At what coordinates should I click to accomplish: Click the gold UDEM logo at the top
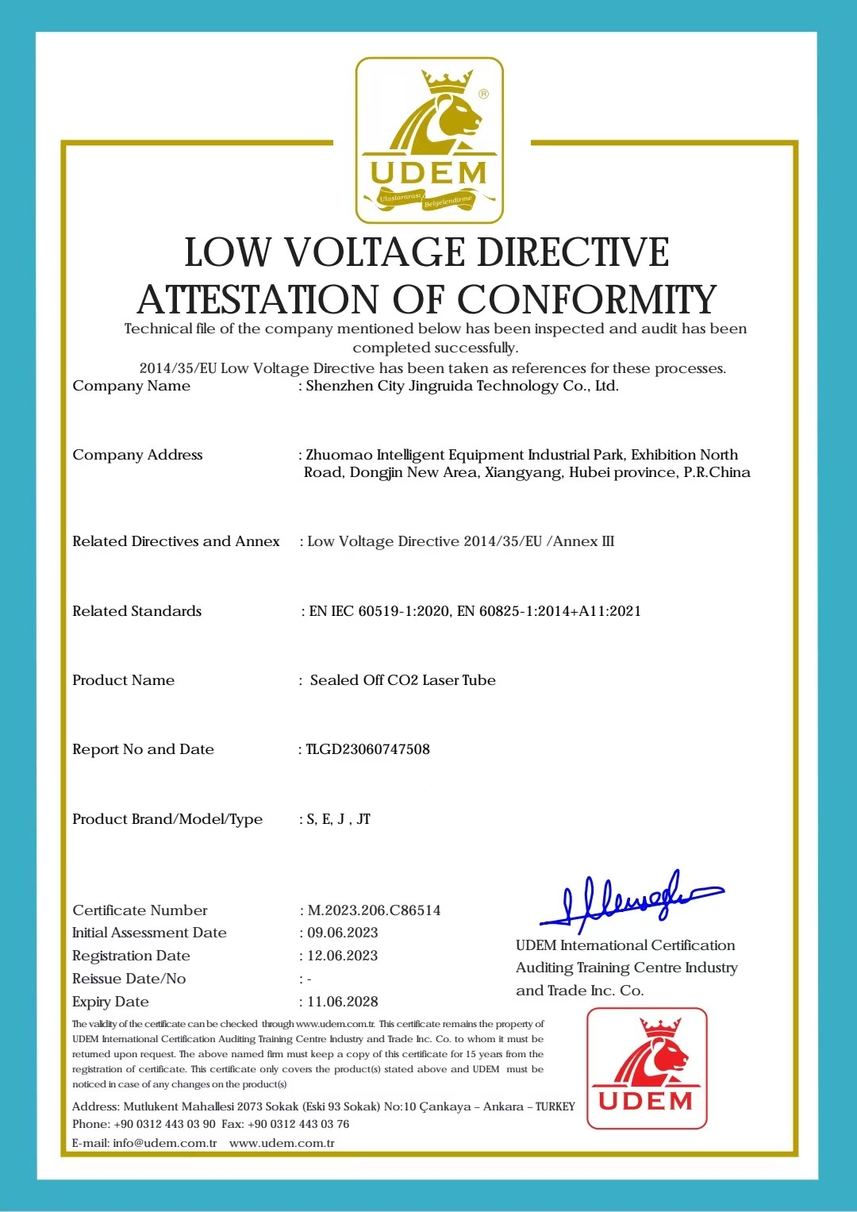tap(428, 140)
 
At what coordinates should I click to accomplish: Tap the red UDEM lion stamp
tap(647, 1068)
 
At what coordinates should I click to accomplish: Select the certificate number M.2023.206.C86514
tap(374, 910)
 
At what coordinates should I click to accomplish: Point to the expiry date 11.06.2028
tap(343, 1002)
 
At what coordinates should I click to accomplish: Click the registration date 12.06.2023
tap(343, 956)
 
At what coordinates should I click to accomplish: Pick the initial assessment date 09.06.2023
tap(343, 933)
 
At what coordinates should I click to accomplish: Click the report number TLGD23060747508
tap(368, 749)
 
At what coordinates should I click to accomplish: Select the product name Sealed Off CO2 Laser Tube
tap(403, 680)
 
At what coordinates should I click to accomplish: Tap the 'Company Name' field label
tap(132, 386)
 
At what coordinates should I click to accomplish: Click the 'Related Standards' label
tap(137, 611)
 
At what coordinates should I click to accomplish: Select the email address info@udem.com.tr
tap(165, 1143)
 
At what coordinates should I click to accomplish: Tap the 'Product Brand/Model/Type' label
tap(167, 819)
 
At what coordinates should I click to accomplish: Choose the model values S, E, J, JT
tap(339, 819)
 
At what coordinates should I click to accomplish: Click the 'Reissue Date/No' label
tap(129, 979)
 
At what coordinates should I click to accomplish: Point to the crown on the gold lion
tap(448, 80)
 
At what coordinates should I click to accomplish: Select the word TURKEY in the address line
tap(555, 1106)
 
